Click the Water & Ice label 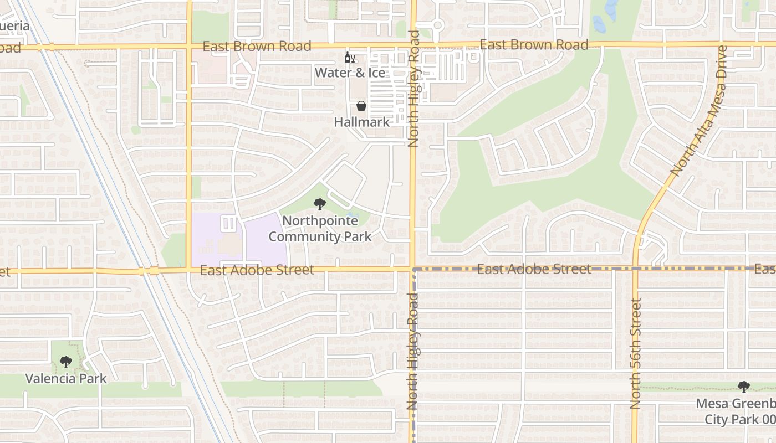(x=350, y=73)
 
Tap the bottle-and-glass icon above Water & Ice (x=350, y=58)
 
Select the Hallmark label (x=362, y=122)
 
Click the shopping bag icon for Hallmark (x=361, y=106)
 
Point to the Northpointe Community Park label (x=320, y=229)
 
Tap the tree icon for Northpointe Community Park (x=319, y=204)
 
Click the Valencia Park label (x=66, y=379)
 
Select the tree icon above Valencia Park (x=66, y=362)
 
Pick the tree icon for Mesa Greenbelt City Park (x=743, y=387)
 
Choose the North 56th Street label (x=635, y=354)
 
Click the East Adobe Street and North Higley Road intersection (x=413, y=270)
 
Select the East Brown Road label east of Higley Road (x=534, y=45)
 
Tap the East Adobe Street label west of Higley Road (x=257, y=270)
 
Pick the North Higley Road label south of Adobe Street (x=413, y=352)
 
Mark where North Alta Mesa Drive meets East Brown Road (x=722, y=44)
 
